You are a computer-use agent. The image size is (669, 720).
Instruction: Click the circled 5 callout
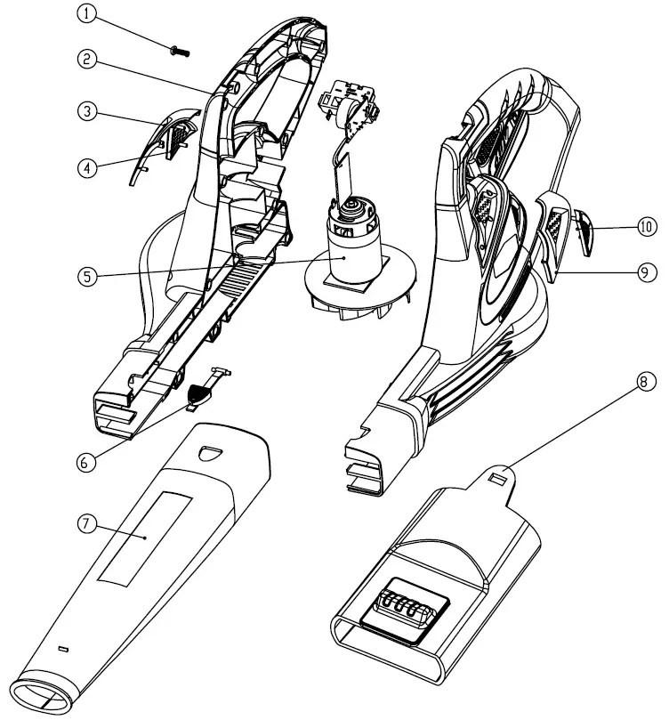pos(86,275)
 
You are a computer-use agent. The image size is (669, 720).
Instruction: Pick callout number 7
pos(86,523)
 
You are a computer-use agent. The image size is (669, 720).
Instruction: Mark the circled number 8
pos(648,381)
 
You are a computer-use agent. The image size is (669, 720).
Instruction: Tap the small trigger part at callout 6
pos(202,392)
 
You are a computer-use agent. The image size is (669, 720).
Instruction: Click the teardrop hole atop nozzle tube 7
pos(210,453)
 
